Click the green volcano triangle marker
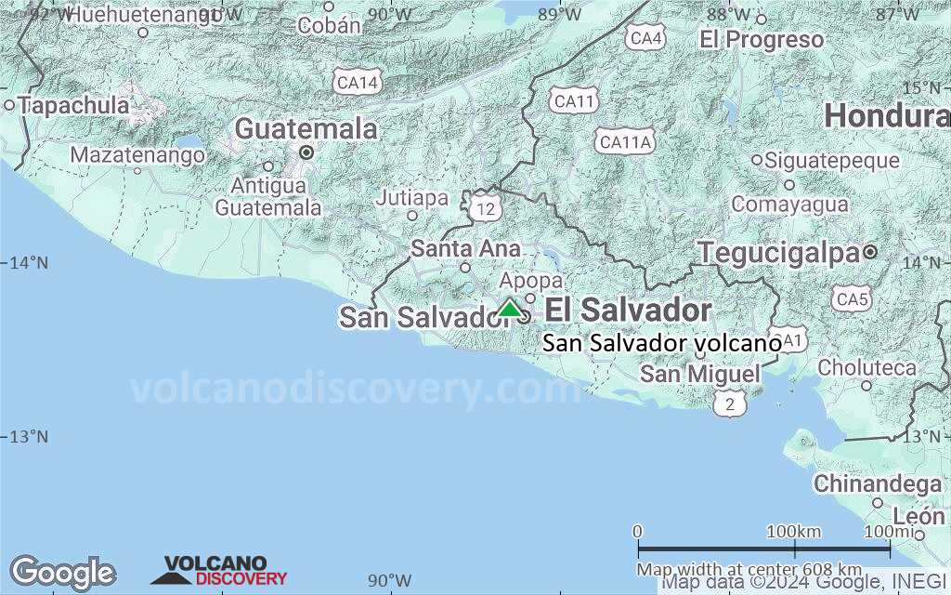[x=510, y=309]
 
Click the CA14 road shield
[x=358, y=84]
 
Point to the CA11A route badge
[x=626, y=142]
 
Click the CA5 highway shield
[x=853, y=299]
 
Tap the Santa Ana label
[x=465, y=248]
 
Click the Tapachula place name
[x=73, y=106]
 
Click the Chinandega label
[x=878, y=484]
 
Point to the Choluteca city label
[x=866, y=368]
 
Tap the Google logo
[x=62, y=573]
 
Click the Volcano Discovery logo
[x=219, y=570]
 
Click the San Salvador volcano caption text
[x=661, y=343]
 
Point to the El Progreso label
[x=762, y=39]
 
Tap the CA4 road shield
[x=645, y=38]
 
